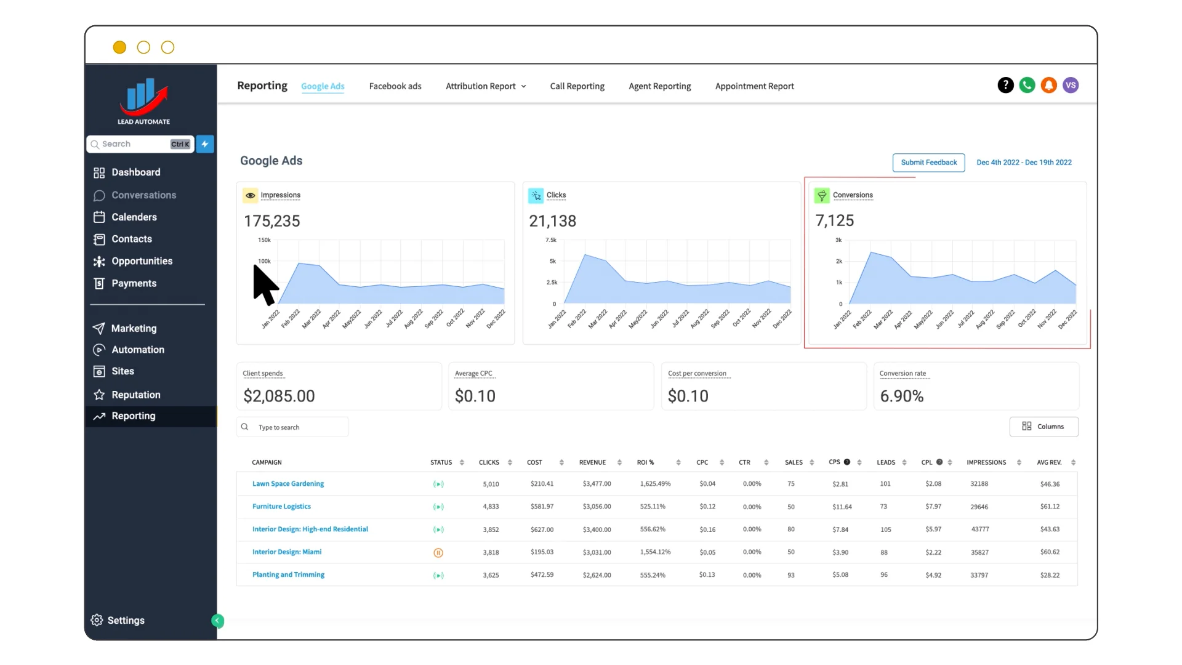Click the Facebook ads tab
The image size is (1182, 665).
pyautogui.click(x=395, y=86)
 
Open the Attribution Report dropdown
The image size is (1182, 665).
pyautogui.click(x=486, y=86)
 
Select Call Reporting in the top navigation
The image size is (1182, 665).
pyautogui.click(x=577, y=86)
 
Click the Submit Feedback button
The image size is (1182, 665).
pyautogui.click(x=928, y=163)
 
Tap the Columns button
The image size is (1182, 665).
pyautogui.click(x=1043, y=427)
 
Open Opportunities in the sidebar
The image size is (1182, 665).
pyautogui.click(x=142, y=261)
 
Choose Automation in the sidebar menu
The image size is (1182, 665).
pyautogui.click(x=138, y=350)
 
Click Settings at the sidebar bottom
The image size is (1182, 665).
pyautogui.click(x=126, y=620)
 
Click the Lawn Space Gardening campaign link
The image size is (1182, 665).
pyautogui.click(x=288, y=484)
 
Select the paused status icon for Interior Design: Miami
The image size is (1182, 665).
pyautogui.click(x=438, y=553)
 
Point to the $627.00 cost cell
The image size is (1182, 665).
pyautogui.click(x=542, y=530)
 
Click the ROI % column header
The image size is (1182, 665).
pyautogui.click(x=645, y=462)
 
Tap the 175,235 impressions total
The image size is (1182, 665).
pyautogui.click(x=272, y=221)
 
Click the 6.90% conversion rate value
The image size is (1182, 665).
pyautogui.click(x=901, y=396)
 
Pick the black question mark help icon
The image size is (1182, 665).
pyautogui.click(x=1005, y=86)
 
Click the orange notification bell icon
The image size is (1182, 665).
pyautogui.click(x=1049, y=86)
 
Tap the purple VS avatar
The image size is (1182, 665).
pyautogui.click(x=1071, y=86)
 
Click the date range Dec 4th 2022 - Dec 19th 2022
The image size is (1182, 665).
pyautogui.click(x=1024, y=163)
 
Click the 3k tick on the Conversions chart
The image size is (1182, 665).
pyautogui.click(x=838, y=240)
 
